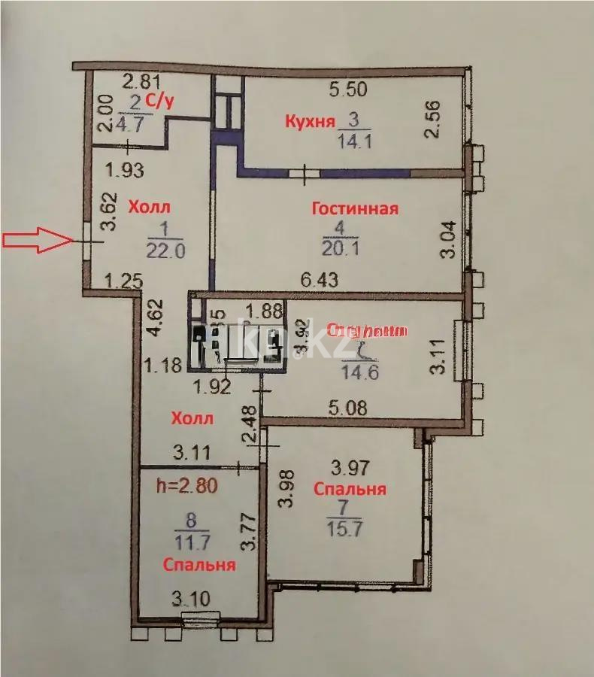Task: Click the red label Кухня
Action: click(x=308, y=120)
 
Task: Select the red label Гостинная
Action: click(x=354, y=209)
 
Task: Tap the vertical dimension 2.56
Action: click(x=432, y=121)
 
